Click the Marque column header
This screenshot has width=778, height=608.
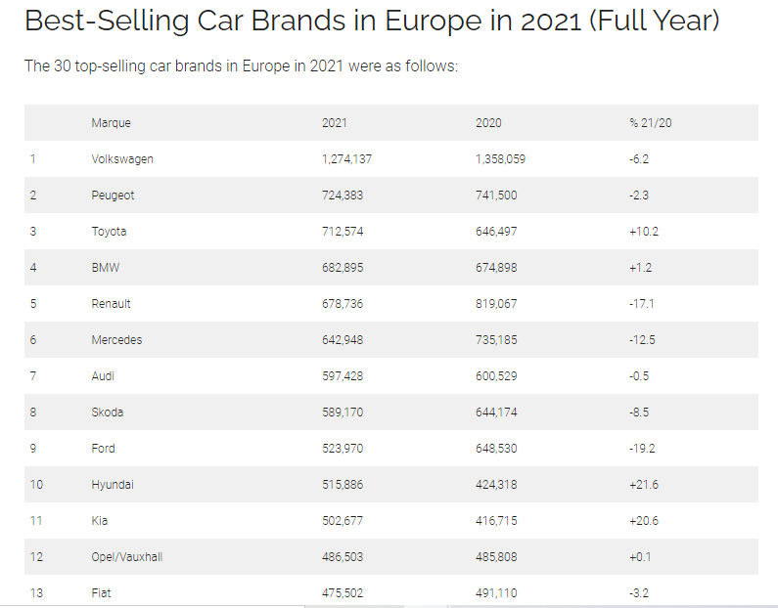pyautogui.click(x=111, y=123)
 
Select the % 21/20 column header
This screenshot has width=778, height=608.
pyautogui.click(x=650, y=123)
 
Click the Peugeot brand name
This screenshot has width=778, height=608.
pyautogui.click(x=113, y=195)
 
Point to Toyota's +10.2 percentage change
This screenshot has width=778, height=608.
pyautogui.click(x=645, y=232)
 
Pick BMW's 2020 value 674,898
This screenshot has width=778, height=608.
pyautogui.click(x=496, y=268)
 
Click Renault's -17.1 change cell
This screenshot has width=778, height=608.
pyautogui.click(x=642, y=304)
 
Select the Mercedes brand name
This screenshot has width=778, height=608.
pyautogui.click(x=116, y=340)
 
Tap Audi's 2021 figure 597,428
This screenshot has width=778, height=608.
pyautogui.click(x=342, y=376)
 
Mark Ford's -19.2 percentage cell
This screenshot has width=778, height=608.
pyautogui.click(x=642, y=449)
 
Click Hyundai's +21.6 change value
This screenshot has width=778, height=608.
pyautogui.click(x=645, y=485)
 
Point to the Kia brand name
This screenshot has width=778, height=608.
pyautogui.click(x=99, y=521)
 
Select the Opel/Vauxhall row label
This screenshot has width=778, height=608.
pyautogui.click(x=126, y=557)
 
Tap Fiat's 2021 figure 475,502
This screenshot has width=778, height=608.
pyautogui.click(x=342, y=593)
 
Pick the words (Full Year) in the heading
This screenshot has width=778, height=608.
pyautogui.click(x=653, y=21)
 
